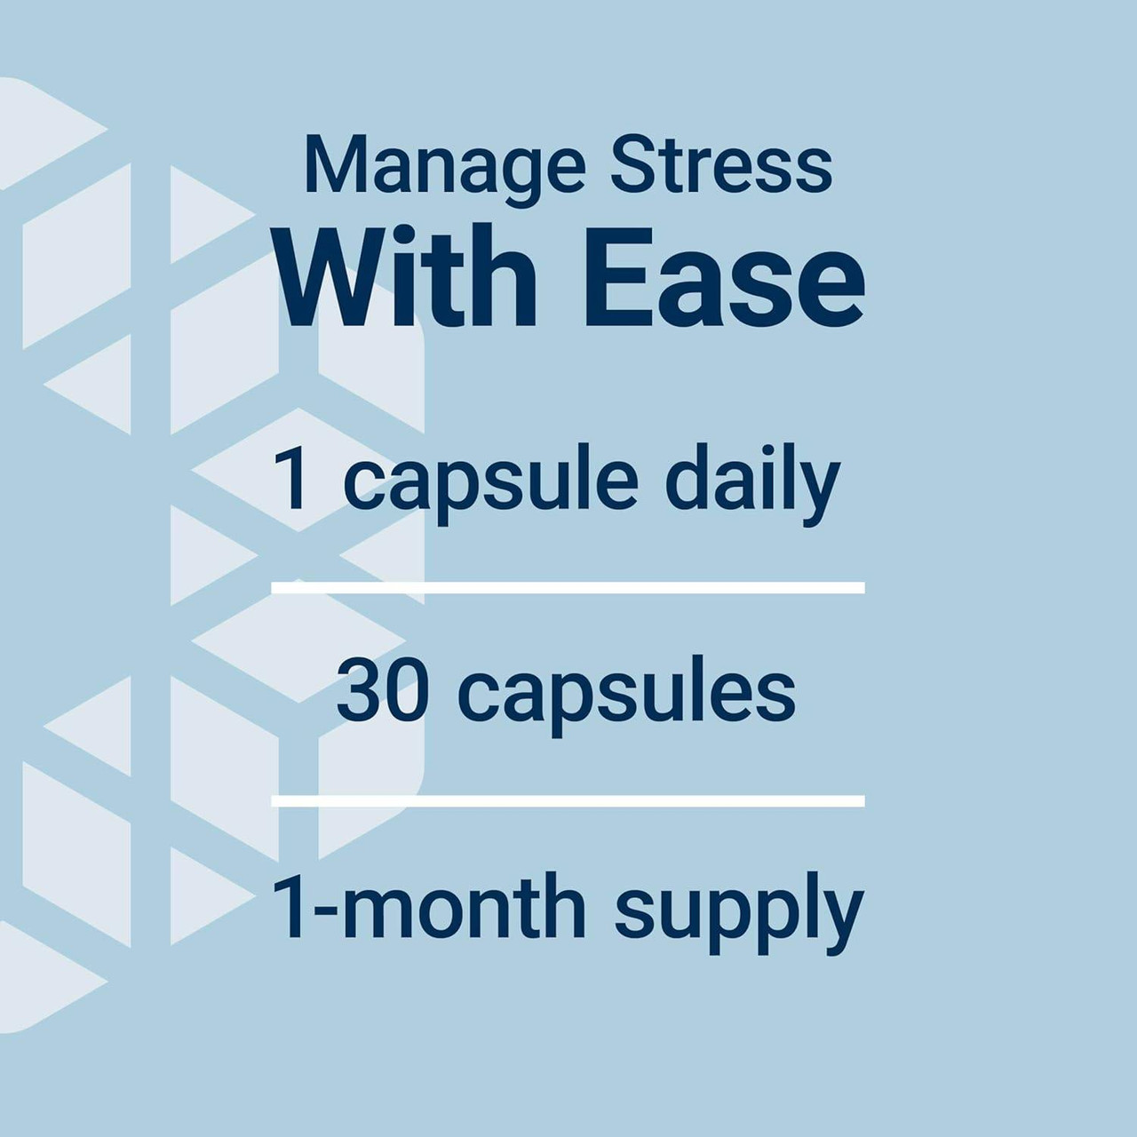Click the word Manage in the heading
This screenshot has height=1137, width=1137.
[x=444, y=167]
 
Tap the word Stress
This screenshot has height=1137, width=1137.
[x=721, y=165]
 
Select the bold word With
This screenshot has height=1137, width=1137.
[x=407, y=277]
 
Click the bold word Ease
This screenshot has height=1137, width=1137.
[x=724, y=277]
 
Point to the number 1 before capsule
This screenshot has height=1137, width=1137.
[x=291, y=480]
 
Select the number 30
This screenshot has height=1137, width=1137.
[x=383, y=692]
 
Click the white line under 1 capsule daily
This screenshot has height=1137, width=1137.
[x=568, y=587]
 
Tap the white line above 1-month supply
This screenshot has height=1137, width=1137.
[x=568, y=801]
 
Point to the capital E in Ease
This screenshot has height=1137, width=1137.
[x=613, y=277]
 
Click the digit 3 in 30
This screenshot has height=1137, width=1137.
[x=359, y=692]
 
